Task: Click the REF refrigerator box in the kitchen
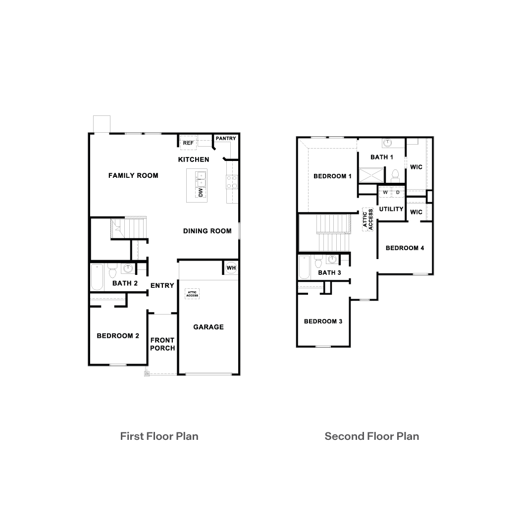click(188, 143)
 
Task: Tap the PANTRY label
click(226, 139)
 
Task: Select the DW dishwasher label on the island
click(201, 192)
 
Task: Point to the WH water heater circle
click(231, 268)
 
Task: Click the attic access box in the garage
click(193, 294)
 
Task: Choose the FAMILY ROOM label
click(133, 175)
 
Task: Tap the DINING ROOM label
click(207, 231)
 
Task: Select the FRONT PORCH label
click(162, 344)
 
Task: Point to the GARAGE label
click(208, 327)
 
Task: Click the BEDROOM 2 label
click(118, 336)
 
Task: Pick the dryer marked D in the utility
click(398, 192)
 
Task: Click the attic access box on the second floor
click(367, 220)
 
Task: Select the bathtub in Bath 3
click(304, 267)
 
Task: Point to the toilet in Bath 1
click(395, 175)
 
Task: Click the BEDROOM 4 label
click(405, 248)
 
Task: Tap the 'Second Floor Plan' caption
click(371, 436)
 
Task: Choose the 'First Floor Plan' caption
click(159, 436)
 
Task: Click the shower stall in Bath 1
click(371, 175)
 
